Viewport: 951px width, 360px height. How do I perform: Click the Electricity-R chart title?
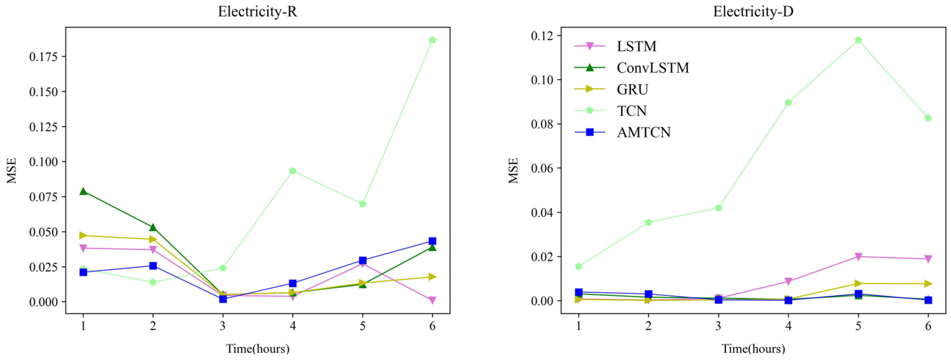[x=257, y=12]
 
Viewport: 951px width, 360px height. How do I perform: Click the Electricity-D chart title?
[x=753, y=12]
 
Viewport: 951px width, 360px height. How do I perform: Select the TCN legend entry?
[x=632, y=110]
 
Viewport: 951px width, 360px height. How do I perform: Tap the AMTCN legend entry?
[x=644, y=132]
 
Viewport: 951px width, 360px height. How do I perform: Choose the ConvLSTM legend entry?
[x=652, y=68]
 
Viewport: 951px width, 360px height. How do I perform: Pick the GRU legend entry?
[x=632, y=89]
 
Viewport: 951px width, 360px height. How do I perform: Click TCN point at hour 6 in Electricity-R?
[x=432, y=40]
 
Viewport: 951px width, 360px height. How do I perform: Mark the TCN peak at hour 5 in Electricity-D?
[x=858, y=40]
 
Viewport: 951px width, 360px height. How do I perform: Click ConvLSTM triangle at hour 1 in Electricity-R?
[x=83, y=191]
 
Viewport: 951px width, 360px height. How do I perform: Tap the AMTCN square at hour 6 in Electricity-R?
[x=432, y=241]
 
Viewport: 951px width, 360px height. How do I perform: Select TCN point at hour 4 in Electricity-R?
[x=293, y=171]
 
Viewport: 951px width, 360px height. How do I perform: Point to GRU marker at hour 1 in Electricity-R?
[x=83, y=236]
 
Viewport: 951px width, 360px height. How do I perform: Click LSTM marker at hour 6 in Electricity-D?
[x=928, y=259]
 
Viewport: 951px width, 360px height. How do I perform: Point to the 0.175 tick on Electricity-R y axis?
[x=43, y=56]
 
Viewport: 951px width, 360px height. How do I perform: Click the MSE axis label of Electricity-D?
[x=513, y=171]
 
